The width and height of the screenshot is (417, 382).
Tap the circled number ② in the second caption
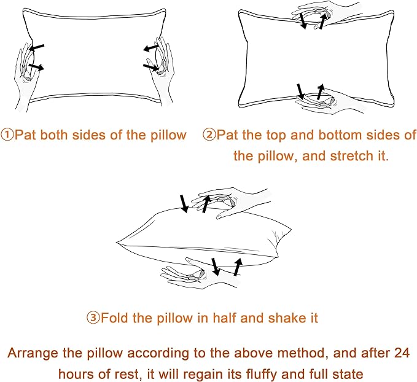click(209, 135)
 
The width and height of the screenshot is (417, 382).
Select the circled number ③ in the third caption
click(93, 318)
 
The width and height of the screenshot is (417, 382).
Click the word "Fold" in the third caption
click(114, 318)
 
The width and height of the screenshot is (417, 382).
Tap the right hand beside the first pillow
click(161, 68)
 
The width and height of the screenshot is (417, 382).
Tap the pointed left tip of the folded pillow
click(118, 243)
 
